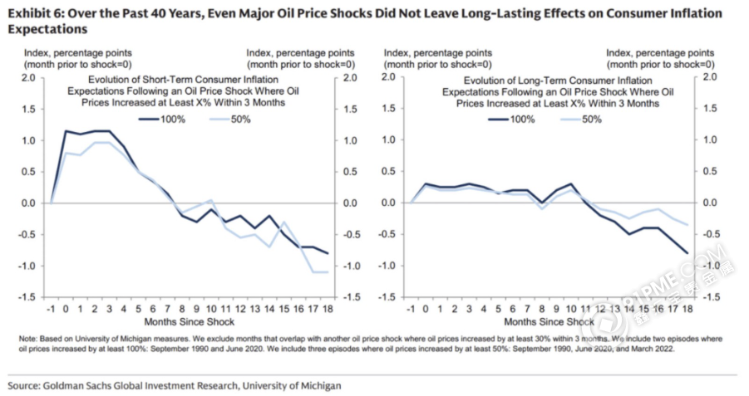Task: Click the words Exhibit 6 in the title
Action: [32, 14]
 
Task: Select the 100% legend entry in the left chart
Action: [163, 120]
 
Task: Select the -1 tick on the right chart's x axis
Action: [411, 308]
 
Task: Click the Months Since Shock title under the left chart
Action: [190, 321]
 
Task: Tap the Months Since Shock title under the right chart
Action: [549, 321]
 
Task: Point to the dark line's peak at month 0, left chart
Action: [65, 131]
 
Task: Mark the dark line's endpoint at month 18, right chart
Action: [687, 253]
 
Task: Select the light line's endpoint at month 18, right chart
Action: [687, 225]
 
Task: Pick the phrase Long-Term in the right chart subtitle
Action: [522, 81]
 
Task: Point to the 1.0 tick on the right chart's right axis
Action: [709, 140]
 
